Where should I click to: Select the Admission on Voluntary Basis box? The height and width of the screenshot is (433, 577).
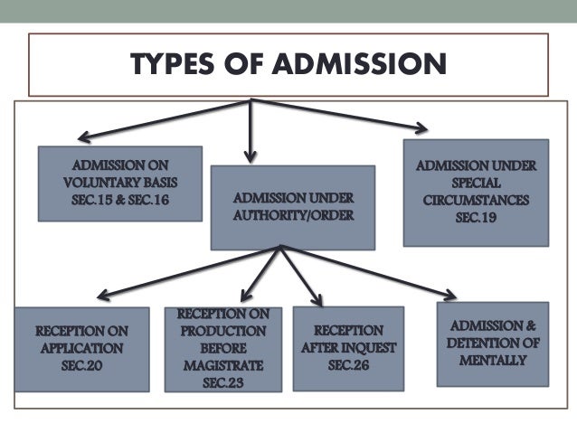119,184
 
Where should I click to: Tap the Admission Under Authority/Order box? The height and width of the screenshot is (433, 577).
292,207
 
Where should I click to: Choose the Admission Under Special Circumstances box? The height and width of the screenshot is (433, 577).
476,192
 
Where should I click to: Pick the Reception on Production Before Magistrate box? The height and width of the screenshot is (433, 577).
222,349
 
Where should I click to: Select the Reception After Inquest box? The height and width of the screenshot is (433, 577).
347,348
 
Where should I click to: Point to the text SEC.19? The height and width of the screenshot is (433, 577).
476,218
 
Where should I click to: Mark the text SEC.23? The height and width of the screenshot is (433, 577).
222,382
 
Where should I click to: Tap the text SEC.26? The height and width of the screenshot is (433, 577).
348,364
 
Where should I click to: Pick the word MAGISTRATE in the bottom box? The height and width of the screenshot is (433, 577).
222,365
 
